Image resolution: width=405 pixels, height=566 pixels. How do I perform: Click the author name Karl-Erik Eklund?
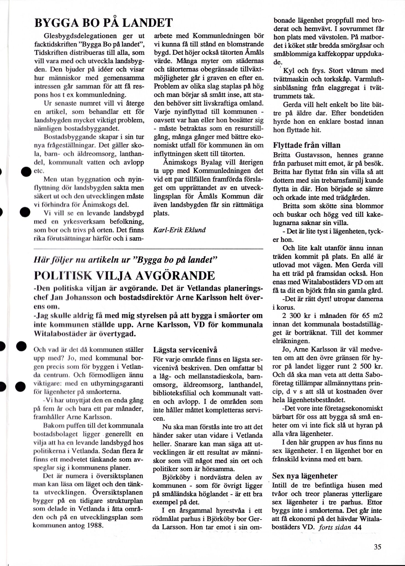(179, 230)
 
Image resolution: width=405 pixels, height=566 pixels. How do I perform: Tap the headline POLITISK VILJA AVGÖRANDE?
(124, 276)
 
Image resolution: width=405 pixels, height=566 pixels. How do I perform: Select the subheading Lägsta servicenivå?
(185, 350)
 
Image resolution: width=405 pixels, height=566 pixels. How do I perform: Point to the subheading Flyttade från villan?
(307, 145)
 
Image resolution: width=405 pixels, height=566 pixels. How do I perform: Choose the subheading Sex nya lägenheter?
(305, 476)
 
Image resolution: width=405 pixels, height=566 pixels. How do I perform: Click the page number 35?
(377, 547)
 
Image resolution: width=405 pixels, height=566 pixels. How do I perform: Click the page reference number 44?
(358, 527)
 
